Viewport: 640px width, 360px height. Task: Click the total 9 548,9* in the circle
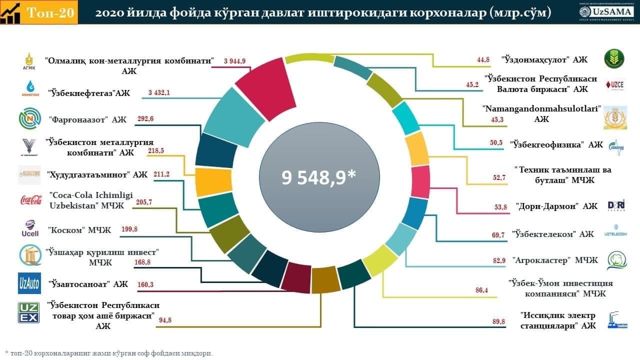[318, 177]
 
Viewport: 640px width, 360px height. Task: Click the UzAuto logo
[29, 283]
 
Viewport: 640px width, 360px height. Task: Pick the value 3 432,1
[159, 93]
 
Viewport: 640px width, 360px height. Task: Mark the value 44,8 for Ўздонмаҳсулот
[483, 59]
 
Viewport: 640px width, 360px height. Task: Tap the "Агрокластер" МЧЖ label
[554, 260]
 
